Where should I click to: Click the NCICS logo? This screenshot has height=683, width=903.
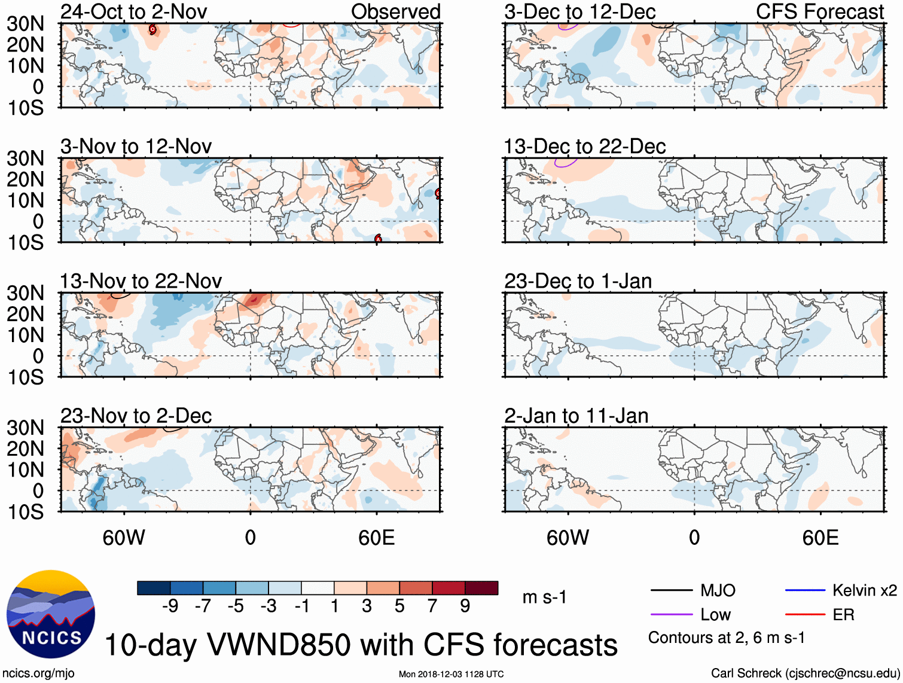51,614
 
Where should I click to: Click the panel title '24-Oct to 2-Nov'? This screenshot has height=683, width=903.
133,11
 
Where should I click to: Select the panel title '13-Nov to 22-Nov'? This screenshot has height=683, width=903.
141,281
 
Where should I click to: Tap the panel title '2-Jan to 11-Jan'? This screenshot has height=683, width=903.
576,416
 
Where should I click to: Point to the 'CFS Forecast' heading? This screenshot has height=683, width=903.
819,11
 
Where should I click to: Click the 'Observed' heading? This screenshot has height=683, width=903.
395,11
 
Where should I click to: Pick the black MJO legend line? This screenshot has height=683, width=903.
672,591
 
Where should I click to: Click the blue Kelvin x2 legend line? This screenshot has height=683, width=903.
805,591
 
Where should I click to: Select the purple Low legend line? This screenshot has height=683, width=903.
672,615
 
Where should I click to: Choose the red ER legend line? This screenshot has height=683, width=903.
805,615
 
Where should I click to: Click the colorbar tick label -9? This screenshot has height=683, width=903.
170,606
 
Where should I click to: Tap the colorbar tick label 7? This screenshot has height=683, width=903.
432,606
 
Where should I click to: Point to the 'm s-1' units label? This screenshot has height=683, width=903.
544,597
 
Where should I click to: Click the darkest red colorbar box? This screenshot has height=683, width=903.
481,588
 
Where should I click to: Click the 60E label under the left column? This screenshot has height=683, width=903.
376,538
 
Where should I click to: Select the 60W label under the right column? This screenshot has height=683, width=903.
568,538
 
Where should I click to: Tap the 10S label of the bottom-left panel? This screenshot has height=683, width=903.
25,512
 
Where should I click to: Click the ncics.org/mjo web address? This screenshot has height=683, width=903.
38,673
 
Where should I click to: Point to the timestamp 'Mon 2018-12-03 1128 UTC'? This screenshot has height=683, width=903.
451,674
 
